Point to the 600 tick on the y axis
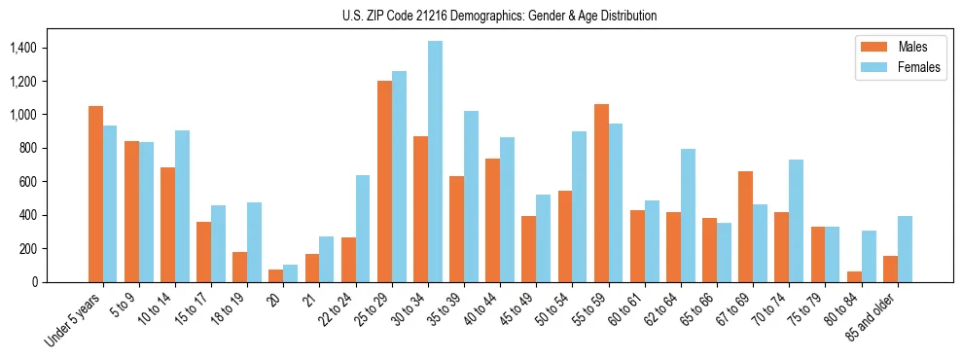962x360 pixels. click(27, 182)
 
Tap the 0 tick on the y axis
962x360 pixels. click(33, 282)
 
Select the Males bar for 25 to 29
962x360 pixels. click(384, 181)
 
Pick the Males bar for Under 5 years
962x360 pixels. click(95, 194)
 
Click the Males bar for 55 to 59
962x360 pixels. click(601, 193)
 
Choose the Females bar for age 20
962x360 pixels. click(291, 273)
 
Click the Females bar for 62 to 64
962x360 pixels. click(688, 215)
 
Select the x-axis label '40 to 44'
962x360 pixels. click(477, 312)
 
